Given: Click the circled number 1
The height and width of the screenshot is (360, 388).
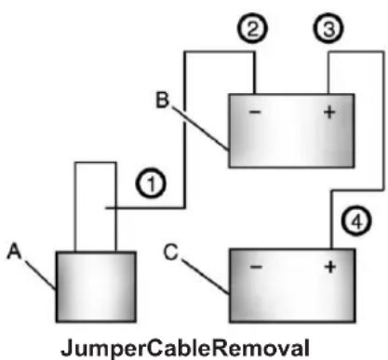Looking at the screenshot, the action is click(x=151, y=183).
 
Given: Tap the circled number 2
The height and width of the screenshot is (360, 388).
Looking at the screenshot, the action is click(x=252, y=28).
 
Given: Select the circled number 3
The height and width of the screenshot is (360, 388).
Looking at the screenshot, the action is click(x=328, y=28).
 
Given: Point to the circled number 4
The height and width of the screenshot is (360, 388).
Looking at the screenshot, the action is click(x=356, y=220).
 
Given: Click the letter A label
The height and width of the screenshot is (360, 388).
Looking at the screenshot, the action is click(x=14, y=251).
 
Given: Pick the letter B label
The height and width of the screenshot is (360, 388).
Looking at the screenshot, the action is click(x=162, y=100).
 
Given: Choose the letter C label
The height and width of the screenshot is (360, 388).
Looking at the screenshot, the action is click(x=171, y=251).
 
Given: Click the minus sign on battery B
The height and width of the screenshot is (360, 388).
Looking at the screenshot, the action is click(x=255, y=112).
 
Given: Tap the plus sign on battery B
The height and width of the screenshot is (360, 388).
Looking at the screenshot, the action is click(x=329, y=112).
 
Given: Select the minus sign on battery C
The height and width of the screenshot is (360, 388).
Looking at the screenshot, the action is click(x=256, y=266).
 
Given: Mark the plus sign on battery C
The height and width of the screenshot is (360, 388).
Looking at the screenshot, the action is click(x=330, y=267).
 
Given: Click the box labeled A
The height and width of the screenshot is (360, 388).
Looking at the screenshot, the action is click(x=96, y=287).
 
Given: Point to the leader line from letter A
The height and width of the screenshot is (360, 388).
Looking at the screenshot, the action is click(x=40, y=275).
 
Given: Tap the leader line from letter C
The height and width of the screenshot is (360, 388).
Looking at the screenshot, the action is click(x=206, y=276).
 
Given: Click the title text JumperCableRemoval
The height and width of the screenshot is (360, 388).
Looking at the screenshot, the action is click(x=185, y=348).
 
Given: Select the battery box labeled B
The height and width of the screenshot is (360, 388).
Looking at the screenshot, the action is click(x=291, y=130).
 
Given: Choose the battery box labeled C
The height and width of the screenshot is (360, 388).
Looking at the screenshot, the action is click(x=292, y=286).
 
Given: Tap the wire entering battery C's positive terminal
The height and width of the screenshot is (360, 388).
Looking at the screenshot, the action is click(x=383, y=121).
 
